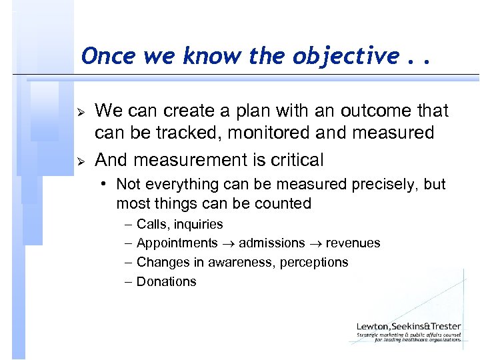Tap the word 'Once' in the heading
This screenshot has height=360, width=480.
(x=103, y=57)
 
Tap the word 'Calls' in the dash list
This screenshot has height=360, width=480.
(x=151, y=225)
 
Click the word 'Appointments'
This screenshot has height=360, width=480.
(x=177, y=243)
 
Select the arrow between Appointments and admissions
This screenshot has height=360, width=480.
(x=229, y=244)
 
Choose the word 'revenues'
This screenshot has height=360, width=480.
(x=354, y=243)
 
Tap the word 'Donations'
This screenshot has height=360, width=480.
(x=166, y=281)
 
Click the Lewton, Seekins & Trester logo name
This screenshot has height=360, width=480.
(x=407, y=326)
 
